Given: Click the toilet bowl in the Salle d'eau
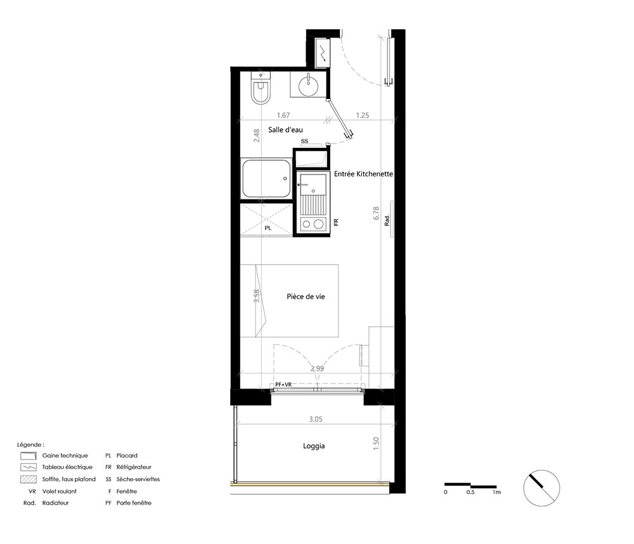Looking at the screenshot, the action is pyautogui.click(x=261, y=91).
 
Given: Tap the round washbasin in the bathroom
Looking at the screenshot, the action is pyautogui.click(x=309, y=85).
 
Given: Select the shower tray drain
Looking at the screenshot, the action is pyautogui.click(x=285, y=178).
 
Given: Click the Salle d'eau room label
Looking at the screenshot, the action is pyautogui.click(x=285, y=130).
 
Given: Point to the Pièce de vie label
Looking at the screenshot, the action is pyautogui.click(x=306, y=296).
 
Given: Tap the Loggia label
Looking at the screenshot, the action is pyautogui.click(x=314, y=446).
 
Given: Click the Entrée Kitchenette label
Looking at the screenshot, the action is pyautogui.click(x=363, y=174).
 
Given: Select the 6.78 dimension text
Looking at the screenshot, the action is pyautogui.click(x=377, y=213).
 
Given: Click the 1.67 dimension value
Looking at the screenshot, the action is pyautogui.click(x=283, y=116).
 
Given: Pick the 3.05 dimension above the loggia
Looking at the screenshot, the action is pyautogui.click(x=316, y=420).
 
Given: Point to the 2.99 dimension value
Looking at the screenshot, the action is pyautogui.click(x=318, y=369).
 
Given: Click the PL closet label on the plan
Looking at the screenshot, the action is pyautogui.click(x=268, y=229).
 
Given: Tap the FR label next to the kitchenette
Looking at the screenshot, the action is pyautogui.click(x=336, y=222).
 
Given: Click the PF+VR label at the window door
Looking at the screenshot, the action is pyautogui.click(x=283, y=385).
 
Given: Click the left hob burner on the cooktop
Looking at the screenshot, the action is pyautogui.click(x=306, y=224).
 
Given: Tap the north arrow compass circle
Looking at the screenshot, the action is pyautogui.click(x=541, y=488).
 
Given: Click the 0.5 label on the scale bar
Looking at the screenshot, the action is pyautogui.click(x=470, y=492).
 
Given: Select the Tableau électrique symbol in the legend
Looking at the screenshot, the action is pyautogui.click(x=29, y=467).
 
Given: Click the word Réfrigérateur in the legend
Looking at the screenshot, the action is pyautogui.click(x=134, y=467).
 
